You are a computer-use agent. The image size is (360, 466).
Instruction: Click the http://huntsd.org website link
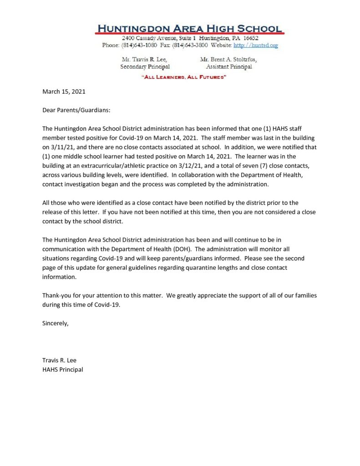(255, 46)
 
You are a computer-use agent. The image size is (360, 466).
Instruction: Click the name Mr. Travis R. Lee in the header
(144, 60)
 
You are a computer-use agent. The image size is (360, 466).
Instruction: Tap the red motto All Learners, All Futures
(184, 78)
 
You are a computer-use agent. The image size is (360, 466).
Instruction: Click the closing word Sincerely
(56, 324)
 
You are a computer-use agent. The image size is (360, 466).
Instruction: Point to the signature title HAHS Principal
(63, 370)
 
